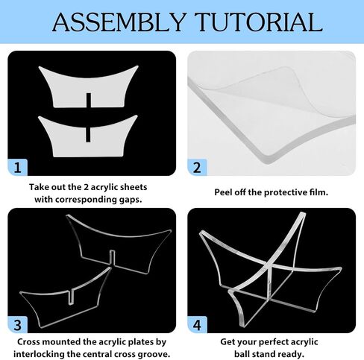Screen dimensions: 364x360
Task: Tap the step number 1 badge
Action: coord(17,168)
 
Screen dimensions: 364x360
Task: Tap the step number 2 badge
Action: coord(197,168)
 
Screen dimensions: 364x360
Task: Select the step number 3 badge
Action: coord(17,325)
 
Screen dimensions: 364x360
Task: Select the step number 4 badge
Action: coord(197,325)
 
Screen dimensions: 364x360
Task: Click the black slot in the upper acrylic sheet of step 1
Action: coord(89,101)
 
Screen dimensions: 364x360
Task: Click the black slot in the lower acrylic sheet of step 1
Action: coord(88,134)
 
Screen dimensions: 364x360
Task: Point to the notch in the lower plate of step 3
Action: coord(72,297)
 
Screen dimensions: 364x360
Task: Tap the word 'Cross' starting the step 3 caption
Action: coord(28,342)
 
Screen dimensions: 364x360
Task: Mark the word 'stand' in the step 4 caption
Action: coord(263,354)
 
